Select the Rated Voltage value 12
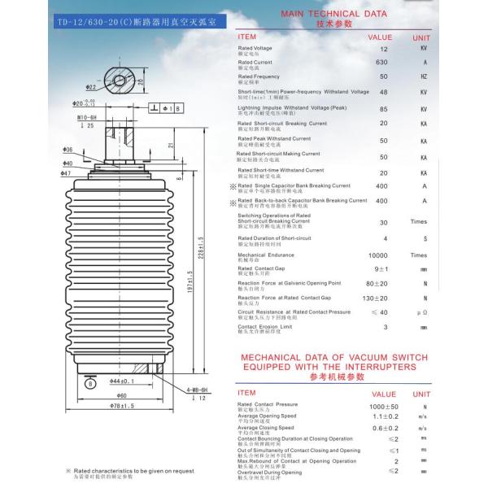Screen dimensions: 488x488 pos(384,49)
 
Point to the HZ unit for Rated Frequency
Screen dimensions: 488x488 pos(424,77)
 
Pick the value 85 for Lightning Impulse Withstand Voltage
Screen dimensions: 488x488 pos(383,109)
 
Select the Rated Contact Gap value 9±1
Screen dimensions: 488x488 pos(381,269)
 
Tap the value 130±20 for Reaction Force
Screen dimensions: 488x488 pos(381,298)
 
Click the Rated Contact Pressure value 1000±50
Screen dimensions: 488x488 pos(384,406)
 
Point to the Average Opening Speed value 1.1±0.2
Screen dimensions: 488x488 pos(384,417)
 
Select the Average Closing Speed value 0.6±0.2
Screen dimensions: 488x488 pos(384,429)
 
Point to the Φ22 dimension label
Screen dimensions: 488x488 pos(91,86)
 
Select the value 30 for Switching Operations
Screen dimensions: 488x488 pos(383,222)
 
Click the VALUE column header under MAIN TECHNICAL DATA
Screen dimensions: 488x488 pos(380,37)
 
